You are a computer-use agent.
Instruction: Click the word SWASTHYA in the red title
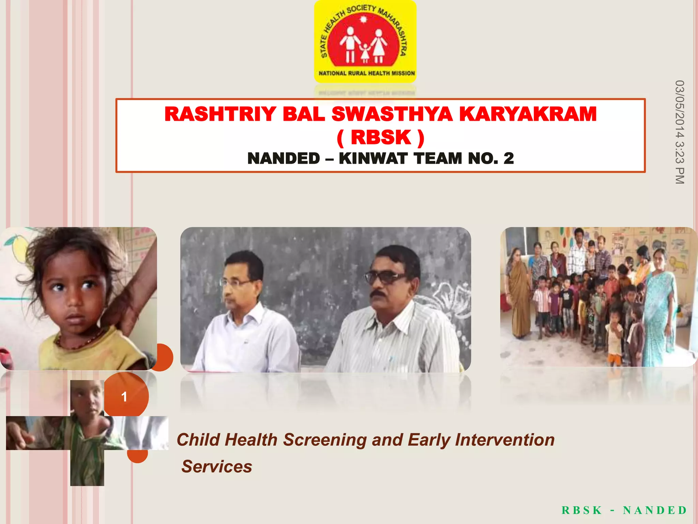pos(392,114)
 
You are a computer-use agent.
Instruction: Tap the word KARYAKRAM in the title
pos(528,114)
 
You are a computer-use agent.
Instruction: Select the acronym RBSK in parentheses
pos(381,137)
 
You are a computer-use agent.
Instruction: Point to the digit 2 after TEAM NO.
pos(509,159)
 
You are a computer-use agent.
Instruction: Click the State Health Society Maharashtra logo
pos(365,41)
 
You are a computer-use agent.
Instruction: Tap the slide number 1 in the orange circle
pos(124,396)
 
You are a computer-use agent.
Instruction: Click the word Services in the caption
pos(217,467)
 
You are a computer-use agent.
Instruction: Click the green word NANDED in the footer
pos(655,510)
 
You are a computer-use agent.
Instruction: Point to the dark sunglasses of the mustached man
pos(385,277)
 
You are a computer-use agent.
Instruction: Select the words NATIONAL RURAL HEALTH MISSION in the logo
pos(367,73)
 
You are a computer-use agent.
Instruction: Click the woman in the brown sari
pos(519,293)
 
